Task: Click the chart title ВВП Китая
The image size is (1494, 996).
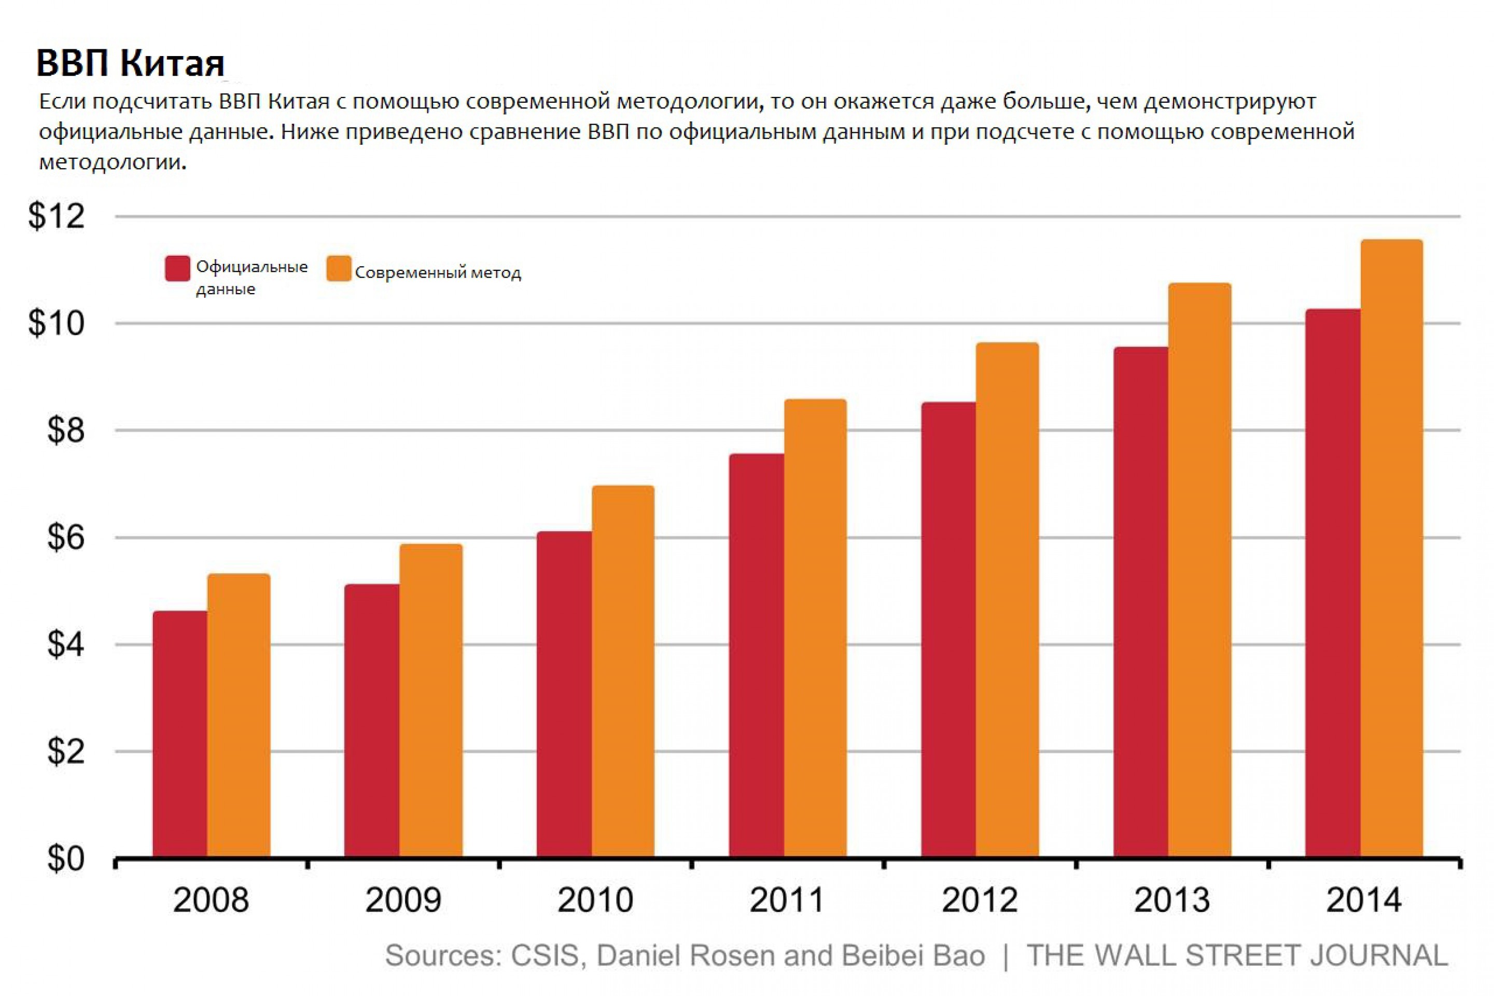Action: (x=130, y=63)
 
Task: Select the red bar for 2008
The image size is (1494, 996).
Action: (x=180, y=734)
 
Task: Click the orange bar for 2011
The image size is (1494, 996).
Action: (x=815, y=629)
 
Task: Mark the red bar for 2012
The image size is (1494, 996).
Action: (x=948, y=629)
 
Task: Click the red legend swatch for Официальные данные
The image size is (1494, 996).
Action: (x=177, y=268)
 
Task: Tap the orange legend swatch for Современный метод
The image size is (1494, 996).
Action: (x=339, y=268)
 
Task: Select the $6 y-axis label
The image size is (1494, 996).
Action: (x=65, y=537)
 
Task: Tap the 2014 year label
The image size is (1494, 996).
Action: (x=1363, y=900)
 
